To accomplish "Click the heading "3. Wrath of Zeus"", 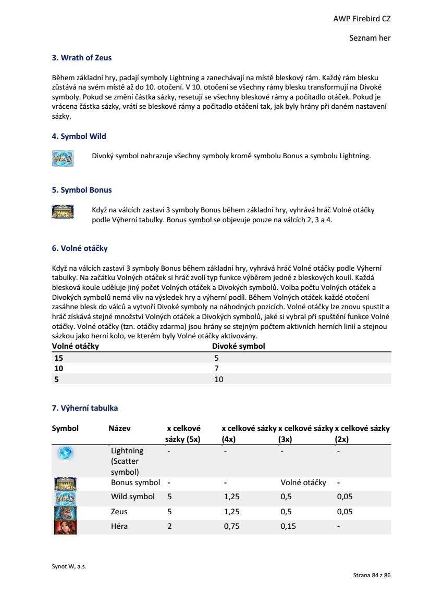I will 82,58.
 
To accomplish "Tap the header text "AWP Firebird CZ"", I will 362,19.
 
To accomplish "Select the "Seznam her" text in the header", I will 370,38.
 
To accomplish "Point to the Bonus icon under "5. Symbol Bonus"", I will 63,211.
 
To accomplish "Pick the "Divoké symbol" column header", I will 238,346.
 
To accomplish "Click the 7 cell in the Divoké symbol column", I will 216,369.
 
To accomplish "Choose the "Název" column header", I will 119,428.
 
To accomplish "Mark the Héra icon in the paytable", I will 65,527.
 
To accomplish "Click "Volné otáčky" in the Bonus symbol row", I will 303,483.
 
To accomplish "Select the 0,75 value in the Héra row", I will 231,526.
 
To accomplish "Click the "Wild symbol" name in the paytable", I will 133,497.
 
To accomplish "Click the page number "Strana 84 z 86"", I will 372,575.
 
